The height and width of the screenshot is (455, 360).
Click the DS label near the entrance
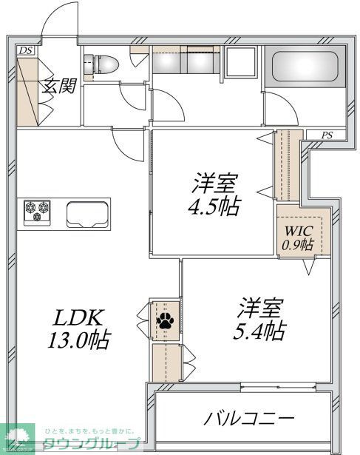coord(26,50)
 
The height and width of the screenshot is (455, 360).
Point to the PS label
coord(327,135)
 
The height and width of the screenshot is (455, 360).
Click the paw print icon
coord(164,322)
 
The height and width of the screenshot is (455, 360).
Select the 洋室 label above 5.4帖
coord(258,306)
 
